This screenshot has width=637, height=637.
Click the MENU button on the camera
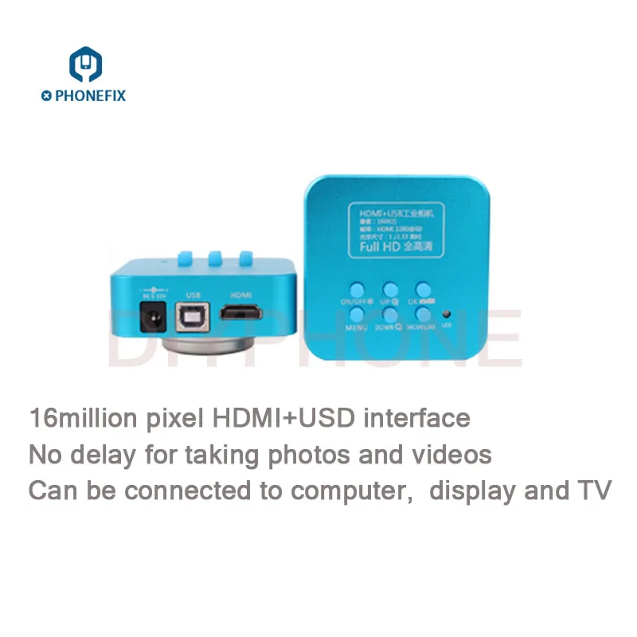pos(356,315)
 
